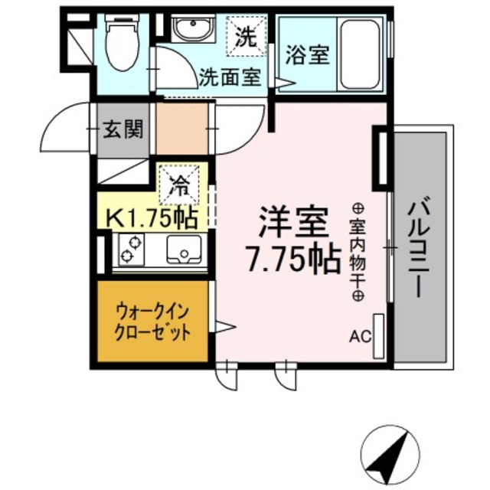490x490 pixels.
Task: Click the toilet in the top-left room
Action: click(120, 44)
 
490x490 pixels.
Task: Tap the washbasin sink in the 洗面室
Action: click(185, 31)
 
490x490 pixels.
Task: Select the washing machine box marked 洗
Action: click(246, 37)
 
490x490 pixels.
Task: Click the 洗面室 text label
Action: click(229, 77)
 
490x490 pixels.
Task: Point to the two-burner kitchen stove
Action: click(130, 250)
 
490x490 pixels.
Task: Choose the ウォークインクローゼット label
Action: click(152, 322)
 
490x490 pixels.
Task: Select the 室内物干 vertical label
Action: click(358, 252)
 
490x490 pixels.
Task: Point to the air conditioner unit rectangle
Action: click(378, 336)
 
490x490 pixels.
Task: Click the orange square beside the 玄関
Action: click(182, 129)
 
